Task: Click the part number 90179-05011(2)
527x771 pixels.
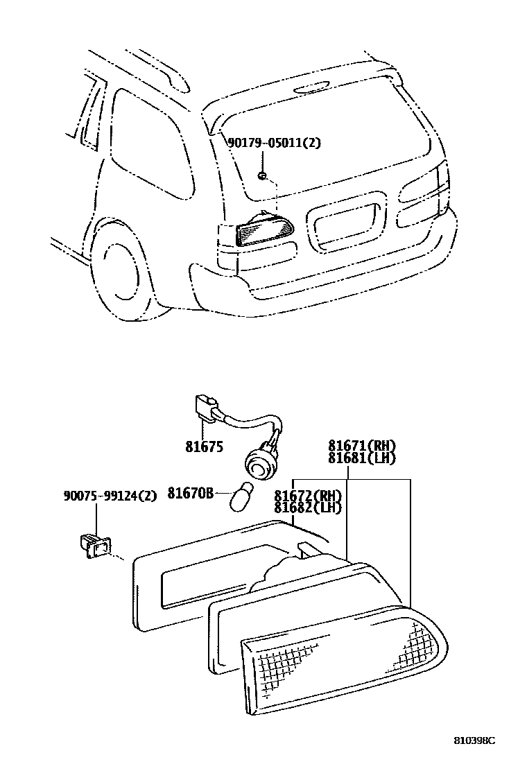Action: [x=275, y=144]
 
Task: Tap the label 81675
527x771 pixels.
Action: [x=204, y=447]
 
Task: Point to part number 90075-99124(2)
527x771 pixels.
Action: [x=110, y=495]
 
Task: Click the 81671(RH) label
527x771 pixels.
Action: [x=365, y=446]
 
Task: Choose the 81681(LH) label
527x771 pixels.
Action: [x=365, y=458]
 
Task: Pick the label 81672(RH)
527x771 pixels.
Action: [x=308, y=496]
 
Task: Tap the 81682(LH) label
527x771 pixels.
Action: [x=308, y=508]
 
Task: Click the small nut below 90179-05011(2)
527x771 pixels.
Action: [x=263, y=175]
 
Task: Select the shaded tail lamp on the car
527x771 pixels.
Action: [x=264, y=231]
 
